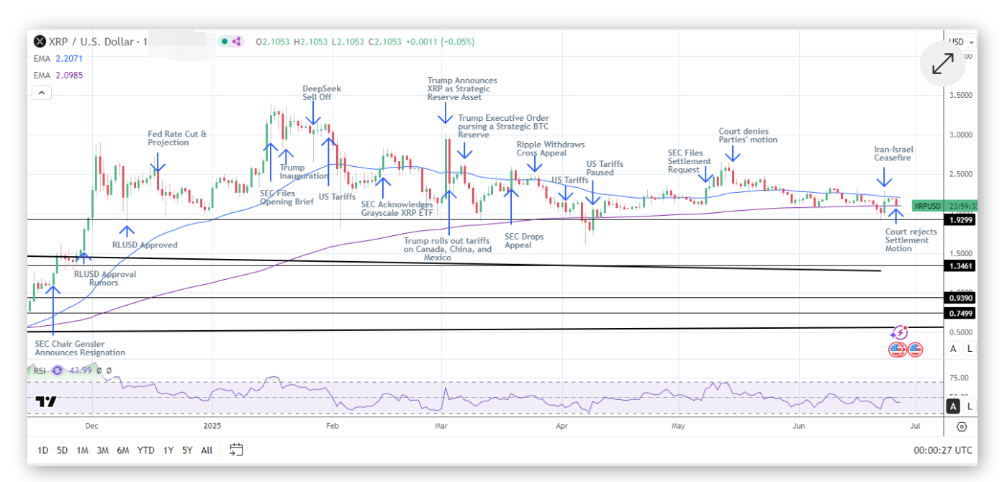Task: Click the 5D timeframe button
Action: pyautogui.click(x=62, y=450)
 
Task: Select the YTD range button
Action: pyautogui.click(x=146, y=450)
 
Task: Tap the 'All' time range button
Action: pyautogui.click(x=207, y=450)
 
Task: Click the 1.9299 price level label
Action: pyautogui.click(x=960, y=220)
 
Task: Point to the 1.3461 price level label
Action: pyautogui.click(x=960, y=266)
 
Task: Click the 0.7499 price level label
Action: pyautogui.click(x=960, y=314)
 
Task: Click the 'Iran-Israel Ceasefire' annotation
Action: pyautogui.click(x=893, y=153)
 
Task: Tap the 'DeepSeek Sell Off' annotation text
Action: pyautogui.click(x=322, y=93)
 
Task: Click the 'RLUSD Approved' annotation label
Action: pyautogui.click(x=145, y=245)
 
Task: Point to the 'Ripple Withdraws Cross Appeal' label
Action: pyautogui.click(x=550, y=149)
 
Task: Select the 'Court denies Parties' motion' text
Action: pyautogui.click(x=748, y=135)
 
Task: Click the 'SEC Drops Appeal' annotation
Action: pyautogui.click(x=524, y=241)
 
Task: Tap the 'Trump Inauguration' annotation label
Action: pyautogui.click(x=304, y=172)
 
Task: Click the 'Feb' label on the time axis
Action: pyautogui.click(x=333, y=426)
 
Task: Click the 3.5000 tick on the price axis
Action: pyautogui.click(x=960, y=95)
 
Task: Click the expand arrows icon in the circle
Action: pyautogui.click(x=942, y=64)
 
